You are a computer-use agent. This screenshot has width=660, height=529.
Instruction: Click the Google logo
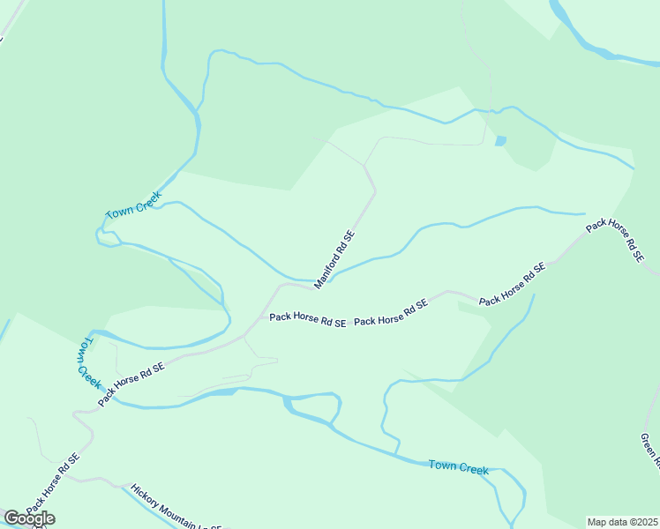point(30,518)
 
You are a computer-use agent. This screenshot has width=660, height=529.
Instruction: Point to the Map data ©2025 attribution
point(622,522)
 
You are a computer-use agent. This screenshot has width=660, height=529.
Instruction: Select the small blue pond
point(501,140)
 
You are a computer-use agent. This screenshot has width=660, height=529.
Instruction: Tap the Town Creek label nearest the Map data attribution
point(458,466)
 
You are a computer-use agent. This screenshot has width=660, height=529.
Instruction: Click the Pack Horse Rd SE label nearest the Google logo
point(52,484)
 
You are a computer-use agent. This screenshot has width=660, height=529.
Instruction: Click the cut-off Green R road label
point(652,449)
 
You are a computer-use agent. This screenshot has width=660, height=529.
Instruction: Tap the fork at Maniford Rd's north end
point(367,164)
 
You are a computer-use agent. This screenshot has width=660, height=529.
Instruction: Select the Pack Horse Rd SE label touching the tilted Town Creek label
point(131,384)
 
